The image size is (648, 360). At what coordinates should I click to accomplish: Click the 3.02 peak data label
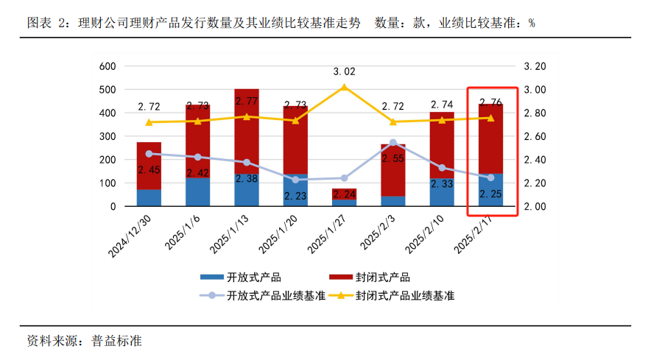345,72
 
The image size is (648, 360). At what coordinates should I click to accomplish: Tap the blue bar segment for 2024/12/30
149,198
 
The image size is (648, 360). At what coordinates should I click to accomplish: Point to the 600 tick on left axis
108,66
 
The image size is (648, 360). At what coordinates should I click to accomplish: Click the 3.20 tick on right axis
535,66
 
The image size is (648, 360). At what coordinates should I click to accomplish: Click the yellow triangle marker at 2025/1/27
344,88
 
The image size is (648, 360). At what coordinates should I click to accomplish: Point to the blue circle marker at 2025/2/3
393,143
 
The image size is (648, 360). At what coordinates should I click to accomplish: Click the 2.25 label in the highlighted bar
490,194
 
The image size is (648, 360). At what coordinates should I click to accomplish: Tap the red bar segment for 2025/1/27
345,194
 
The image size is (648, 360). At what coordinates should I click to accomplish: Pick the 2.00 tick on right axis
535,207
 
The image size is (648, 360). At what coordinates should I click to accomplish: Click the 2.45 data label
149,169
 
